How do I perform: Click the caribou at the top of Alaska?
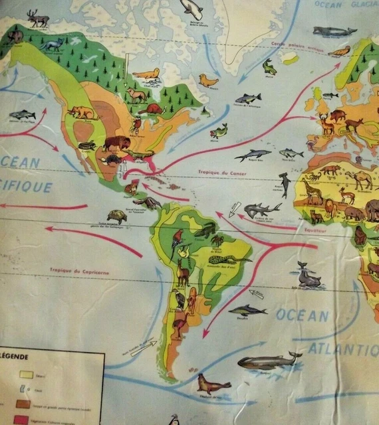(39, 18)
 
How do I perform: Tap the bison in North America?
(117, 143)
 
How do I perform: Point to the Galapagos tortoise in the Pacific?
(117, 216)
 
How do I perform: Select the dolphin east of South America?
(248, 309)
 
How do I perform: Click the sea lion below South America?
(212, 384)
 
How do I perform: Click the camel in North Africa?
(362, 179)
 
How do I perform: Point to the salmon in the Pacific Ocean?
(22, 114)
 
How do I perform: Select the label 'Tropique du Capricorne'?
(78, 271)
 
